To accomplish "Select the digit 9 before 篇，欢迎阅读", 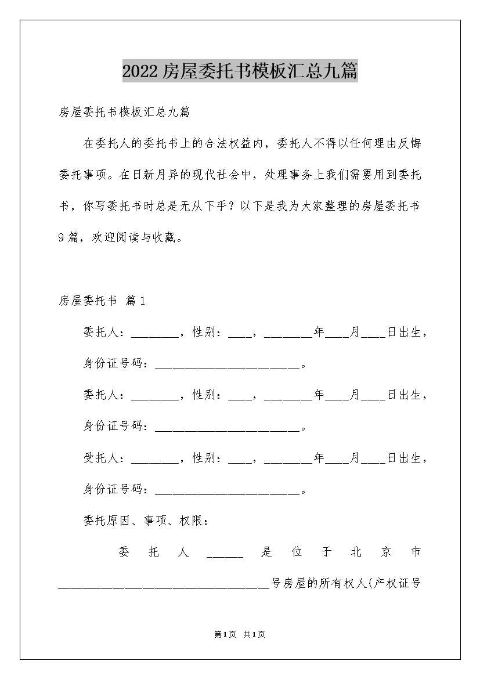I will (62, 238).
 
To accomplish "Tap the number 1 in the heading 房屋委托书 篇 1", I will (143, 301).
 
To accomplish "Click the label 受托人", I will (102, 458).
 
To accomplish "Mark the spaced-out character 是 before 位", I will (266, 552).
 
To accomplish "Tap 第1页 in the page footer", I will (224, 635).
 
